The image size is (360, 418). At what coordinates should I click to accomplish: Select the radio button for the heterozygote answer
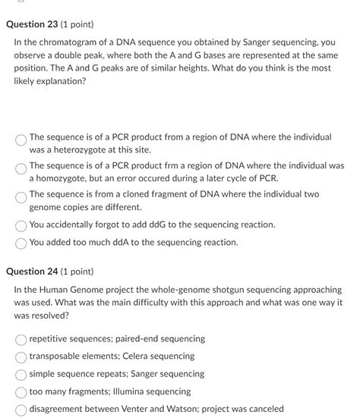coord(21,139)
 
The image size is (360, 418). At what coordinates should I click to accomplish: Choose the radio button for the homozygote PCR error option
coord(21,167)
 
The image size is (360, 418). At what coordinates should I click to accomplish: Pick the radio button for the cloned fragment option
coord(21,196)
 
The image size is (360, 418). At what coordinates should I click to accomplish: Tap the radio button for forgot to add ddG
coord(21,225)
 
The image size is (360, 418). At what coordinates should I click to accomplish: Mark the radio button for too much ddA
coord(21,243)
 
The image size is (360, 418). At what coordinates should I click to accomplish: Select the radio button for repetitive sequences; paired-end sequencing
coord(21,339)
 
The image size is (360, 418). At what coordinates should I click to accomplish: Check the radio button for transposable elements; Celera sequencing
coord(21,357)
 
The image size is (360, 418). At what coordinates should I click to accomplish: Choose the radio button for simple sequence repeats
coord(21,374)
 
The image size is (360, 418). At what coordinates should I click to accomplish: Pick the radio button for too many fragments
coord(21,392)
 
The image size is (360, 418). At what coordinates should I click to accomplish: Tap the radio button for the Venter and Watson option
coord(21,410)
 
